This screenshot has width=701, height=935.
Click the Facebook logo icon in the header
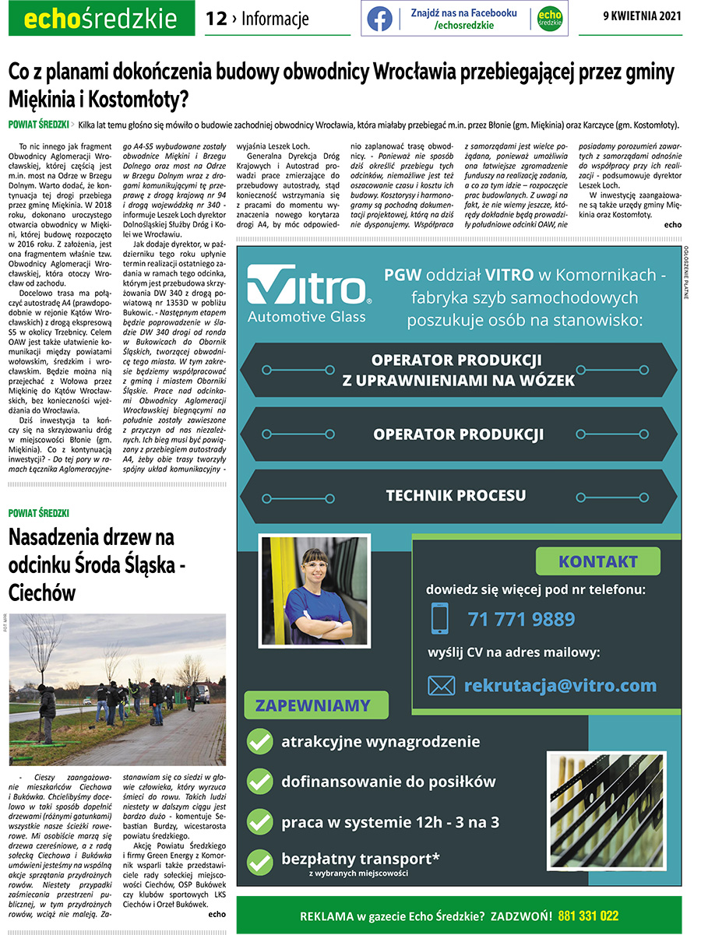379,19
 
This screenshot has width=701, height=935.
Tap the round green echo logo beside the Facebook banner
550,19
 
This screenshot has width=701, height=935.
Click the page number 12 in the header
216,19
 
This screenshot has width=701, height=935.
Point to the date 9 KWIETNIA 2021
643,17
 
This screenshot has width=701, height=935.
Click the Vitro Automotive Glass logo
308,293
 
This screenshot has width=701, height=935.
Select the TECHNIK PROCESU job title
456,495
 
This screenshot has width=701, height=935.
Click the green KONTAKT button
597,561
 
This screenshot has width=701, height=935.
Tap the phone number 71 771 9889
521,619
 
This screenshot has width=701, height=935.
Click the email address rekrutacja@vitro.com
560,685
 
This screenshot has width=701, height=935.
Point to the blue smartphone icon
440,618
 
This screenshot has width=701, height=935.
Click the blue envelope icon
442,686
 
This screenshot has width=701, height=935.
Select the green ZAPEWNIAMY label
312,706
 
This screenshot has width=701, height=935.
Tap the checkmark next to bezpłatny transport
259,861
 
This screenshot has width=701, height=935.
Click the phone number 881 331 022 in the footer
588,916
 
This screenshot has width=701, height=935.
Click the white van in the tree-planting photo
202,693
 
